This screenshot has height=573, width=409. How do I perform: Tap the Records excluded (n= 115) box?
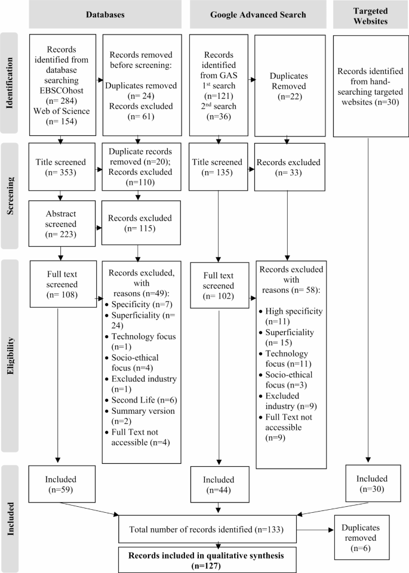tap(139, 222)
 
